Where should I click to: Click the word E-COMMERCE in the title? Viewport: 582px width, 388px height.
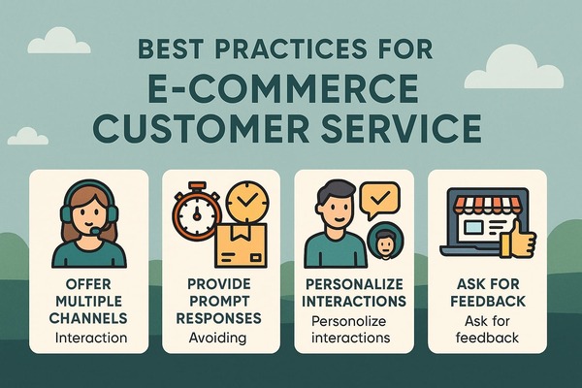pos(283,89)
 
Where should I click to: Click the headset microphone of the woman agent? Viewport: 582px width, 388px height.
pos(96,231)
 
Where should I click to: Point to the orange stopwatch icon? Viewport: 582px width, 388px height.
pos(196,213)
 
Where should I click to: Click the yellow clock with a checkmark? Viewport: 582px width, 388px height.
pos(246,203)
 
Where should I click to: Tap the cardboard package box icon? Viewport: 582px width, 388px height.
pos(241,245)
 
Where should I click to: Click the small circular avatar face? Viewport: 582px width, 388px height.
pos(385,242)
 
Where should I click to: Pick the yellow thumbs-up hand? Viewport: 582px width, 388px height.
pos(518,240)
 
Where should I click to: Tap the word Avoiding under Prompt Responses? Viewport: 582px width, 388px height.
pos(217,338)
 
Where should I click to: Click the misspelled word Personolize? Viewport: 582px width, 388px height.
pos(348,321)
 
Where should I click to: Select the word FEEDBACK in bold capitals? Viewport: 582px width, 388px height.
pos(487,301)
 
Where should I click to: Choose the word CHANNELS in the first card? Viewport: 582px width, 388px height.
pos(88,318)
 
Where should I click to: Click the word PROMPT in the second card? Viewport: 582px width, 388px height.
pos(218,301)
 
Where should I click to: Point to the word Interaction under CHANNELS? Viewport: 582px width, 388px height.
pos(91,338)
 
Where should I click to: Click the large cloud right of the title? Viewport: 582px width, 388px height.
pos(514,69)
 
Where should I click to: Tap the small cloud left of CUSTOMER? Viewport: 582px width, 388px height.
pos(28,136)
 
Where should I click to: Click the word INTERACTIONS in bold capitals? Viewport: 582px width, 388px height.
pos(354,301)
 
